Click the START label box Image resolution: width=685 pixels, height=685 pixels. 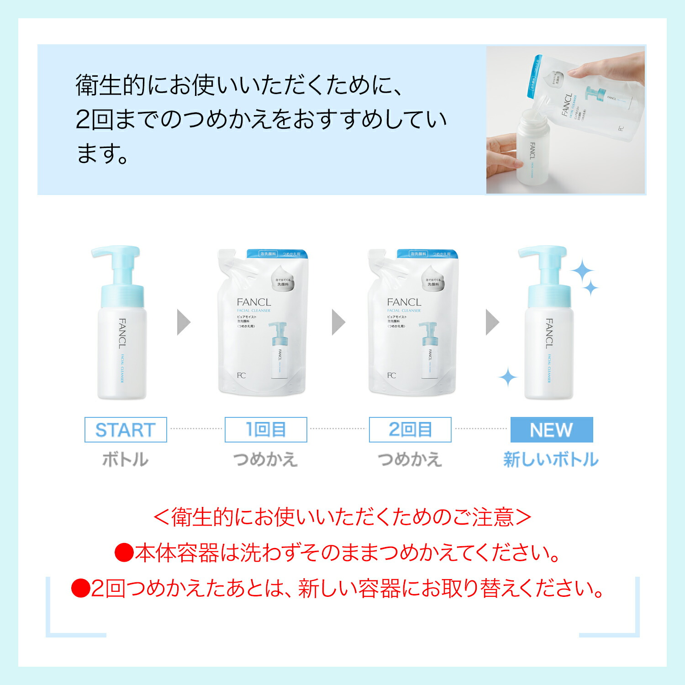coord(126,430)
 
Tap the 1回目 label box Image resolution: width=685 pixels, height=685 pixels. coord(266,430)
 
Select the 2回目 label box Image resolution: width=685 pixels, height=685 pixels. coord(410,430)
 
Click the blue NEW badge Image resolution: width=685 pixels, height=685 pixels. coord(551,430)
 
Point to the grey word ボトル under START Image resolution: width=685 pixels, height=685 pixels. coord(125,459)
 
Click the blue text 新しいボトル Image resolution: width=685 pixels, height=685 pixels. coord(551,459)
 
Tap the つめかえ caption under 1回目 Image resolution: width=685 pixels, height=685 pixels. coord(265,459)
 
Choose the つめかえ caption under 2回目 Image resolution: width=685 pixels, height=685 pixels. coord(410,459)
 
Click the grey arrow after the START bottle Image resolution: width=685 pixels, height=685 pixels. coord(183,322)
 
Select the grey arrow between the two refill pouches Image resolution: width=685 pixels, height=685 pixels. coord(338,322)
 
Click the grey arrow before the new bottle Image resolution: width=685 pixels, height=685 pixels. coord(492,322)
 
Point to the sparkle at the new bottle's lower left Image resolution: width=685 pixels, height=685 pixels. coord(507,378)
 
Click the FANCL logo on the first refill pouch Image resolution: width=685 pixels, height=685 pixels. coord(253,302)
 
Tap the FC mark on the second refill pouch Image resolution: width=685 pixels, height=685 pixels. coord(391,375)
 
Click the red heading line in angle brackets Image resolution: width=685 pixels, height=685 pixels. coord(342,517)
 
